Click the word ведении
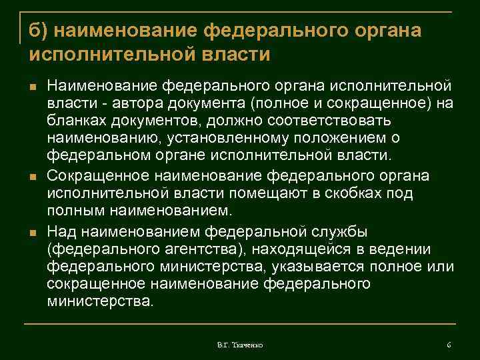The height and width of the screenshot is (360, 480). click(x=399, y=249)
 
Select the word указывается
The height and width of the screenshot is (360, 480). click(x=308, y=267)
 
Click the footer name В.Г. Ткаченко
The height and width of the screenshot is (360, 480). click(x=240, y=345)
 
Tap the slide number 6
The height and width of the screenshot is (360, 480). click(x=449, y=345)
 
